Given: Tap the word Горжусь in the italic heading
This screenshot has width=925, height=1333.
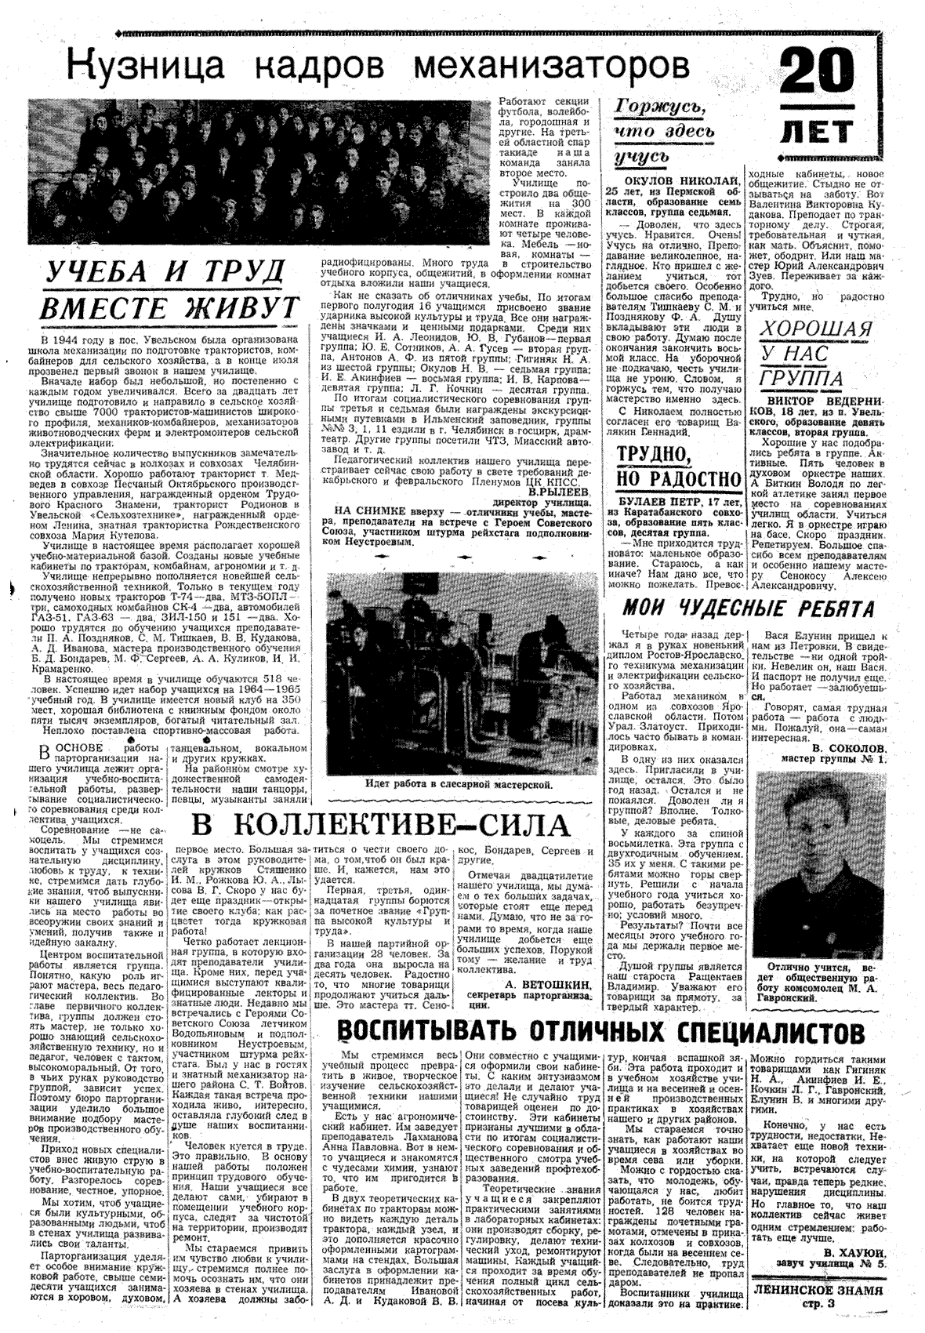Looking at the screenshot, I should [x=664, y=109].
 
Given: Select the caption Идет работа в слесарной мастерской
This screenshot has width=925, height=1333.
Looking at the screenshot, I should [x=459, y=783].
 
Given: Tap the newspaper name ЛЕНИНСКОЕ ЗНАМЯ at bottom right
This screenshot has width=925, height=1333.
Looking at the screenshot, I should [x=815, y=1289].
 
